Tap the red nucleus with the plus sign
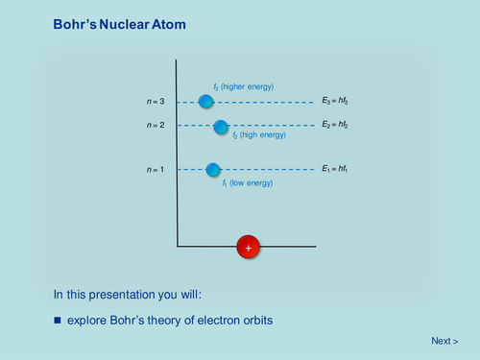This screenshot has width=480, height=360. point(249,248)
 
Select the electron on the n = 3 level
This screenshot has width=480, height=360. point(205,101)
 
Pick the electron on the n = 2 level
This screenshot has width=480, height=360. point(221,126)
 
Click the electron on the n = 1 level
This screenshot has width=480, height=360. point(213,170)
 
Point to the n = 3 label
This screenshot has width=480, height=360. point(156,101)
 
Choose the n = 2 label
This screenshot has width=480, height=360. point(156,126)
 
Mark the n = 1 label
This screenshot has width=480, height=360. point(156,170)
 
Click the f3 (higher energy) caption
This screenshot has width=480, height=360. point(243,87)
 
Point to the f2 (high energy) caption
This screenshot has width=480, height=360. point(258,136)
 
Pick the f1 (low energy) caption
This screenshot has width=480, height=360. point(249,182)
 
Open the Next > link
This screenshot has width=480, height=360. point(444,341)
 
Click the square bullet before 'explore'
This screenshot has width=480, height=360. point(57,319)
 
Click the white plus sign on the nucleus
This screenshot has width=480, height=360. point(249,248)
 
